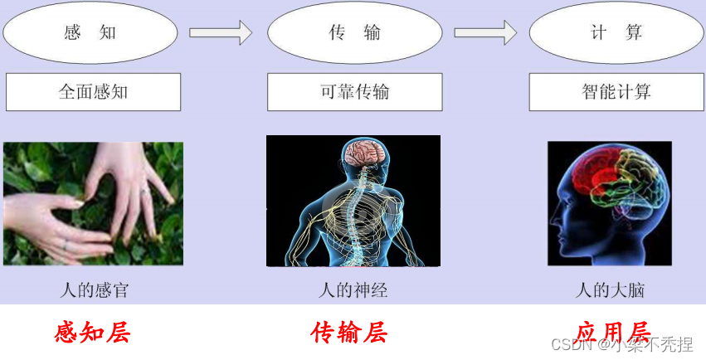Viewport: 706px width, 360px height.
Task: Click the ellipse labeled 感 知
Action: coord(90,33)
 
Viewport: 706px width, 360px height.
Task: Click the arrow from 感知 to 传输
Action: coord(220,33)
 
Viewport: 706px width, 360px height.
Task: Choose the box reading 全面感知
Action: coord(93,91)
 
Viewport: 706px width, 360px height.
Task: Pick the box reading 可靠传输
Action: coord(354,91)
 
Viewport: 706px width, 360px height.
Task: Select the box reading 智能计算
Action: coord(616,91)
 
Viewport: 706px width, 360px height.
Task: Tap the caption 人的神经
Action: coord(353,290)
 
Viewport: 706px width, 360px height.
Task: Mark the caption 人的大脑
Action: coord(611,290)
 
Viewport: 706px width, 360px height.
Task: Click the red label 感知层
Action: coord(92,333)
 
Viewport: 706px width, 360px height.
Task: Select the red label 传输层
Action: coord(349,333)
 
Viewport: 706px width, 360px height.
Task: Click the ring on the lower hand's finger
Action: coord(66,244)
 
